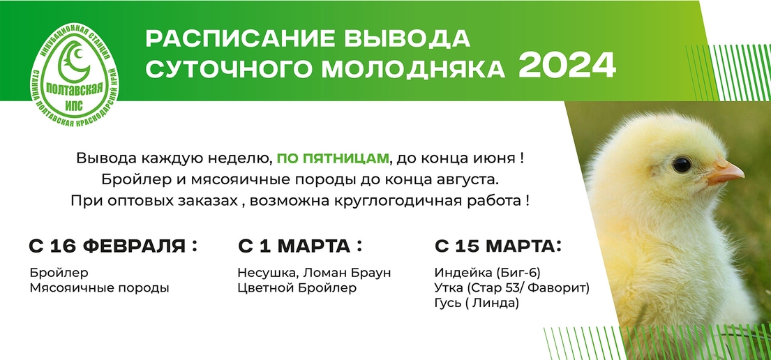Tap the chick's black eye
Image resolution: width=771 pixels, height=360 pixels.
coord(682,165)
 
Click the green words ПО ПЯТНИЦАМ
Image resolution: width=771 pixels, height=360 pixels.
coord(333,159)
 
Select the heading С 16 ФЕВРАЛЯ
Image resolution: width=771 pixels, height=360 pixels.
coord(112,246)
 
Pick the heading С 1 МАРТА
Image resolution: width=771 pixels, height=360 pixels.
coord(300,246)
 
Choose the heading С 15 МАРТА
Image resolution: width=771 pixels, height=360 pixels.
coord(498,246)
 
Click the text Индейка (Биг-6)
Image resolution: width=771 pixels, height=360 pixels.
coord(487,273)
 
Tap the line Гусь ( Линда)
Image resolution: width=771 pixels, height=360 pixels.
coord(477,304)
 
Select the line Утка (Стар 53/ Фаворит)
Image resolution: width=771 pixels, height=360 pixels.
coord(512,288)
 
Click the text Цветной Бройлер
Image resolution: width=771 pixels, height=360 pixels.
coord(297,288)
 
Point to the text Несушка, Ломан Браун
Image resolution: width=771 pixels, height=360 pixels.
coord(314,273)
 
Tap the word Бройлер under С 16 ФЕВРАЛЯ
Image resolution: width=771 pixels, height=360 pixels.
coord(59,273)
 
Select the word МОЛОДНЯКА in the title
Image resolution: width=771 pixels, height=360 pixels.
coord(413,69)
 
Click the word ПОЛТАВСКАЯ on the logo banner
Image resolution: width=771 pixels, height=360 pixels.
coord(74,89)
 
